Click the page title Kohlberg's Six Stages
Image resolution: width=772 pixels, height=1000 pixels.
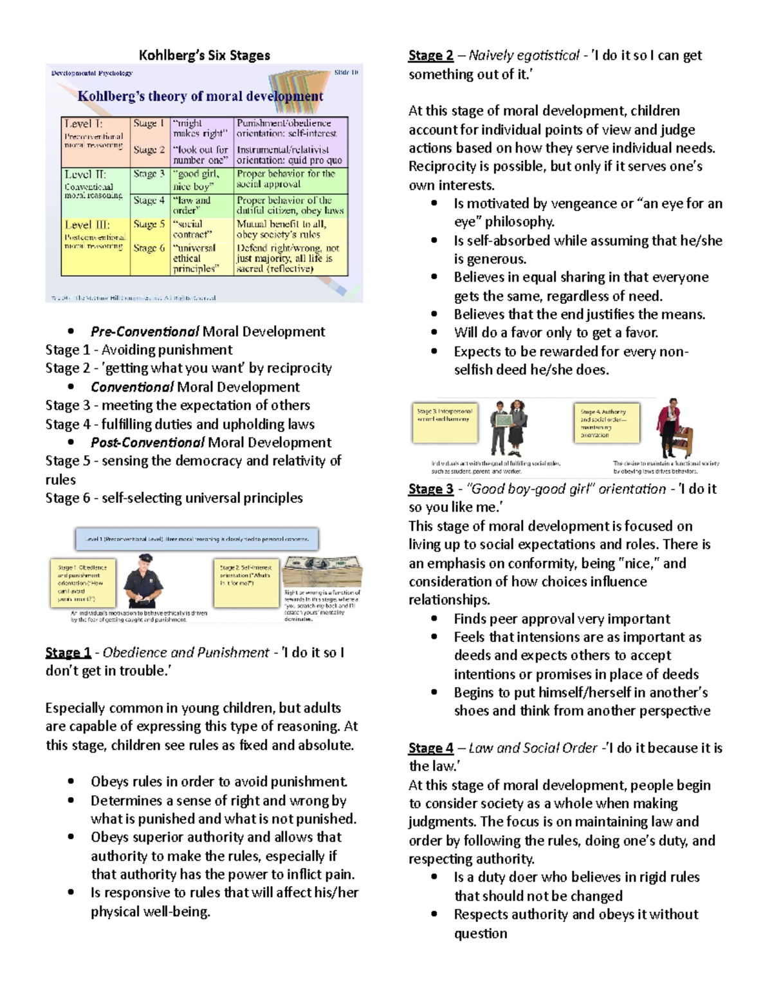(205, 55)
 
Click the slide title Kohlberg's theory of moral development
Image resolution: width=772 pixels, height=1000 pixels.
(200, 97)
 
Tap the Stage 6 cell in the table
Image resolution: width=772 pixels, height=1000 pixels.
(149, 249)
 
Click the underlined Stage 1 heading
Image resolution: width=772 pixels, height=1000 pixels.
(68, 652)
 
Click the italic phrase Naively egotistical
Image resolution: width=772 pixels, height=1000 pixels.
(524, 55)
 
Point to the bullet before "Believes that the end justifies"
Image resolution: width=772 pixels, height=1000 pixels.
(435, 315)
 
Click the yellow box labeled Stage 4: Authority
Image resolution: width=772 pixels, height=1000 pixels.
(606, 423)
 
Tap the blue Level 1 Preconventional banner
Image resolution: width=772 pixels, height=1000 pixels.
(197, 539)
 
